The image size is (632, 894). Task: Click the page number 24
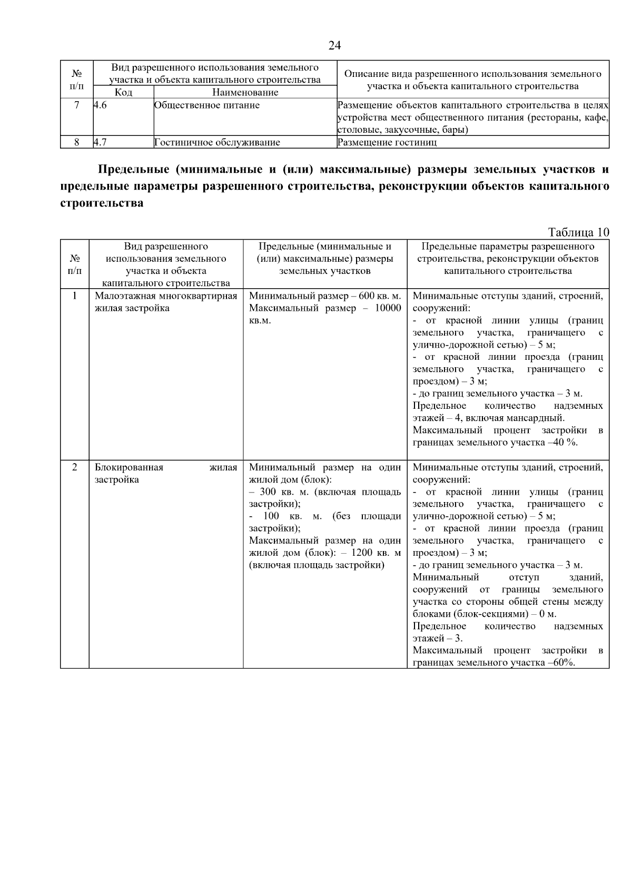[334, 45]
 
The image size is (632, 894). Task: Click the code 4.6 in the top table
[101, 105]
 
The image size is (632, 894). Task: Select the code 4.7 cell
[101, 142]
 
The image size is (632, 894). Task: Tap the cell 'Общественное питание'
[206, 105]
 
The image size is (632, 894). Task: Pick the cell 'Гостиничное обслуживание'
[217, 142]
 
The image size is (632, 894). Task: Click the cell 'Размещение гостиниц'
[387, 142]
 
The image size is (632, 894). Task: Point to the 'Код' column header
[123, 93]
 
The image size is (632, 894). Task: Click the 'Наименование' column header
[245, 93]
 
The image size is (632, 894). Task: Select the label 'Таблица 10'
[578, 232]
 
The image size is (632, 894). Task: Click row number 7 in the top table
[77, 105]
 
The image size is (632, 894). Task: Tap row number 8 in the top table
[77, 142]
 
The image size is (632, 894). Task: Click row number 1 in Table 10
[75, 296]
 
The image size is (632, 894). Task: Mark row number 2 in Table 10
[75, 467]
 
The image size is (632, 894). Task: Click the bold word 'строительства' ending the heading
[102, 203]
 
